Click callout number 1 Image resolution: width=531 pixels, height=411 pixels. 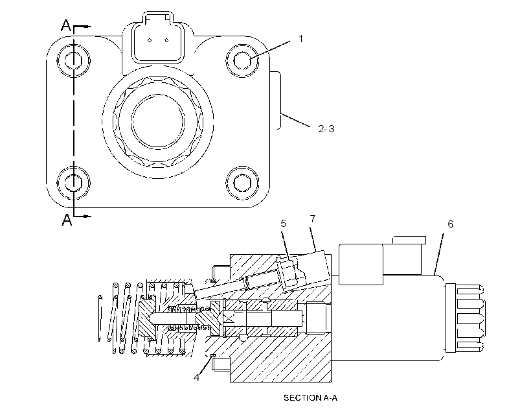pos(300,39)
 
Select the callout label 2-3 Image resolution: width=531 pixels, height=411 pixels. pos(326,129)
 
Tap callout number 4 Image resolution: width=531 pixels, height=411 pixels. pos(196,378)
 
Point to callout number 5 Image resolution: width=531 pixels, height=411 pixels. pos(284,224)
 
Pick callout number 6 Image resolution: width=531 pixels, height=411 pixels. pos(451,224)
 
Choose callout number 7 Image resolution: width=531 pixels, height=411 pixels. pos(313,219)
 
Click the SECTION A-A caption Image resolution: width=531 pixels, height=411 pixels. pos(310,398)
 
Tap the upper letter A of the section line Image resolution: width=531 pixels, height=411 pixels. pos(66,25)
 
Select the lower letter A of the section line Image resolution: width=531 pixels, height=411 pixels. pos(67,220)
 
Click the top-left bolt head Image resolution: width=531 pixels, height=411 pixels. pos(73,60)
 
